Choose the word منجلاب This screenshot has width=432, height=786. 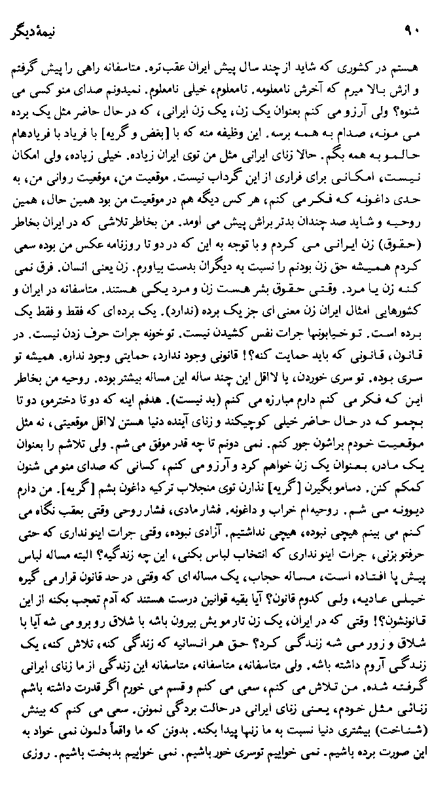(207, 489)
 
